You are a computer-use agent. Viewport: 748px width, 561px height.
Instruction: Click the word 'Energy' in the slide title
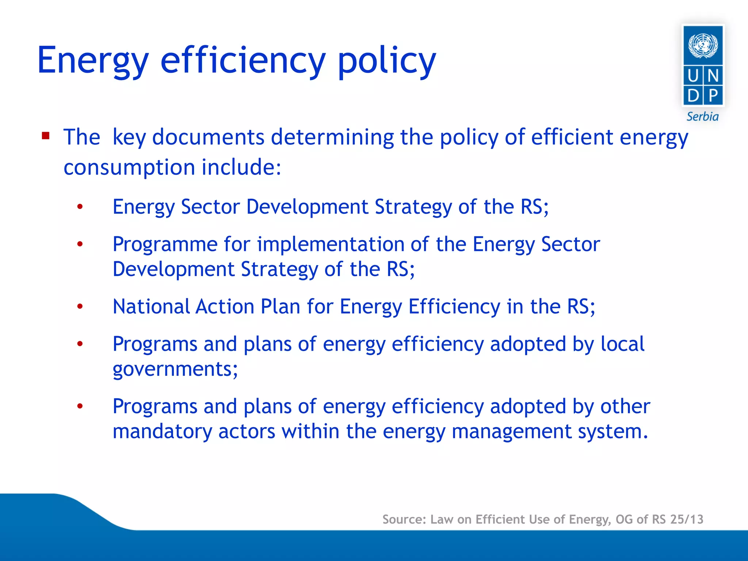click(x=93, y=61)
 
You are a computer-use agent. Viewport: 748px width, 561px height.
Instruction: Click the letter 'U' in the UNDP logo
click(x=693, y=76)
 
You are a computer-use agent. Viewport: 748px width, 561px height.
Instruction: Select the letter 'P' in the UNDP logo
click(x=713, y=96)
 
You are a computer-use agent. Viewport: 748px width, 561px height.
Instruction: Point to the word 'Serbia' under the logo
click(x=702, y=117)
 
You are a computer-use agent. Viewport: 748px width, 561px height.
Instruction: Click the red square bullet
click(x=46, y=136)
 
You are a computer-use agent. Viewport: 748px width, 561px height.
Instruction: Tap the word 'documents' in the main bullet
click(x=208, y=137)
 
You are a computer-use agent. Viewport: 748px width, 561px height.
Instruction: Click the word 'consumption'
click(x=129, y=168)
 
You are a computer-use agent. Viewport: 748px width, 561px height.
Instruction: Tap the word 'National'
click(x=151, y=306)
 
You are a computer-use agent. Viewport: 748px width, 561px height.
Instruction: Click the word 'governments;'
click(x=175, y=369)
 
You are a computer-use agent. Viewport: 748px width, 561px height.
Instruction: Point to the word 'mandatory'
click(x=162, y=432)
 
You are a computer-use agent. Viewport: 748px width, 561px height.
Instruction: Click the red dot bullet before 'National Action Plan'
click(x=80, y=306)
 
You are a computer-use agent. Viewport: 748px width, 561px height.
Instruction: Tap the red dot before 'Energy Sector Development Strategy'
click(x=80, y=207)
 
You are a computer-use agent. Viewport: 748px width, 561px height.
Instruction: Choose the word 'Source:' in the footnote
click(x=404, y=519)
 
